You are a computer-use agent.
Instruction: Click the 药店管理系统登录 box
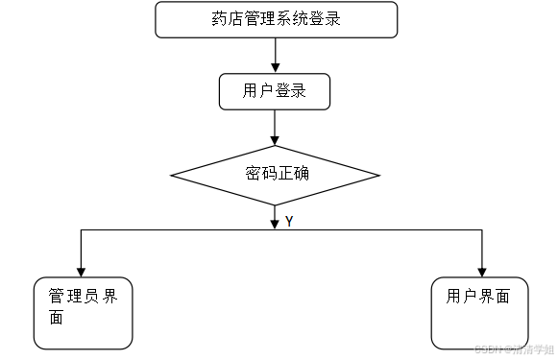pos(276,19)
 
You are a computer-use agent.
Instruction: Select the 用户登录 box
pos(275,92)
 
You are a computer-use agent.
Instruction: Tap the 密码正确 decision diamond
pos(276,175)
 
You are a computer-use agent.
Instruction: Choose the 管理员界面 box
pos(83,313)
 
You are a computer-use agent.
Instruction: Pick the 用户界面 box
pos(478,313)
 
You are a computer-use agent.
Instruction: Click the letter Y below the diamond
pos(288,222)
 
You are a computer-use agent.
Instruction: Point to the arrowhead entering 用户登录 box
pos(276,68)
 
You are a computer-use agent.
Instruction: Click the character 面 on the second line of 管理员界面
pos(56,319)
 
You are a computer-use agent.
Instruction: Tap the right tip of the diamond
pos(379,176)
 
